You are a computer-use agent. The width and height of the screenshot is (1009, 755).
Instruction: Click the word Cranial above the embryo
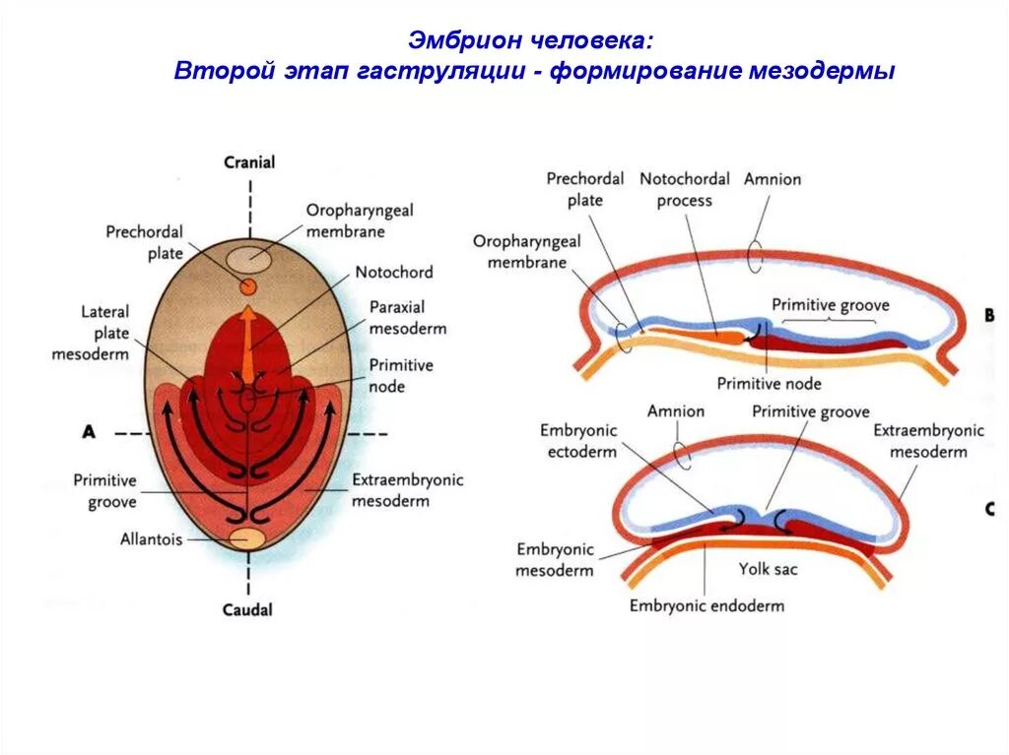249,162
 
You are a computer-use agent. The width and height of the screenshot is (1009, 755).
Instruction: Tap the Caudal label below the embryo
247,610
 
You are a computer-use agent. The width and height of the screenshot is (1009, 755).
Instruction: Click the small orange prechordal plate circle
248,285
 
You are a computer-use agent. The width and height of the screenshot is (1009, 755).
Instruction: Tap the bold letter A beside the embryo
89,431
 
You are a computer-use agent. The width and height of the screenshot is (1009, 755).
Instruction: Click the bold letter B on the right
988,316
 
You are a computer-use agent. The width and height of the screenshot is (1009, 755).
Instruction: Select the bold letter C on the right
988,509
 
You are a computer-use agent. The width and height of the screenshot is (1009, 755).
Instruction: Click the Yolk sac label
769,569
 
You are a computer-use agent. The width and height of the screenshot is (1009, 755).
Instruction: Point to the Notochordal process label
685,189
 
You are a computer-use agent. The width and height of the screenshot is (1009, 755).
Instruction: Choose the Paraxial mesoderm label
407,318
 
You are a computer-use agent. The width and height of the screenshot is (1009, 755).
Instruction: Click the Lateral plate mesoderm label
92,333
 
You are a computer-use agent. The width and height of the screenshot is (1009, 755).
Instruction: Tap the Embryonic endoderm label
706,605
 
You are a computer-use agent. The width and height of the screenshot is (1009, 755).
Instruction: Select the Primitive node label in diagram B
769,384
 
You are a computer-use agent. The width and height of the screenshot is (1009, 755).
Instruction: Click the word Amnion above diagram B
773,179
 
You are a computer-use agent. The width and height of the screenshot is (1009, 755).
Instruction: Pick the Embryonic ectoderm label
578,441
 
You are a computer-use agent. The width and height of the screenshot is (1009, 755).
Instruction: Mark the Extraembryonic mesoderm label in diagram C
928,441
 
